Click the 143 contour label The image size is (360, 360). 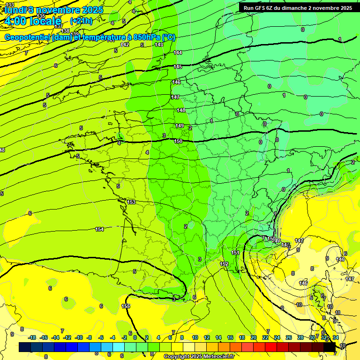click(x=159, y=45)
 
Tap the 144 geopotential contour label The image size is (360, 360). click(x=178, y=52)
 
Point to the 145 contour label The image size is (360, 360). click(x=178, y=67)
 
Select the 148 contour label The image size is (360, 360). click(x=181, y=110)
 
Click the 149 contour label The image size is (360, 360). click(x=180, y=126)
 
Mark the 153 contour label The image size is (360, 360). click(x=131, y=202)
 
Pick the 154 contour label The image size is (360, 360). click(x=99, y=229)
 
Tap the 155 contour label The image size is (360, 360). click(x=126, y=306)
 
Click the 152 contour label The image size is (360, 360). click(x=224, y=264)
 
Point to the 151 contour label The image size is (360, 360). click(x=235, y=253)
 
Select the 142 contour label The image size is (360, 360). click(x=125, y=45)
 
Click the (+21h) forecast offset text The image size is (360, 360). click(x=81, y=21)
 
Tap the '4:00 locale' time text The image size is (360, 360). click(x=32, y=21)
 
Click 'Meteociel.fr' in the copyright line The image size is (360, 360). click(x=216, y=357)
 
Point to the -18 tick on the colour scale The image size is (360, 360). click(x=32, y=337)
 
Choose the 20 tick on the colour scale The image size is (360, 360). click(x=254, y=337)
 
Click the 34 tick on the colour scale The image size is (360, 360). click(x=336, y=337)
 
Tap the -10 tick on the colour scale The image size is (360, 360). click(x=79, y=337)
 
